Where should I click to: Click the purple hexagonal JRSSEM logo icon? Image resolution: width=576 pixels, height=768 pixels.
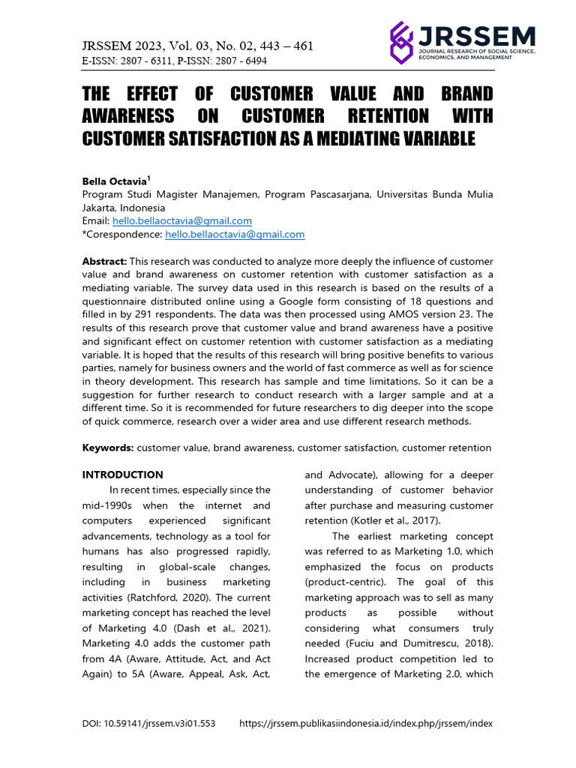point(402,43)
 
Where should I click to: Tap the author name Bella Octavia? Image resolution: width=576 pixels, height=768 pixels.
point(115,181)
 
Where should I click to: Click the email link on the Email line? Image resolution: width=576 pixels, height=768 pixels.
point(181,220)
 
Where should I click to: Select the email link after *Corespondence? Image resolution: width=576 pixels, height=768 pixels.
point(234,234)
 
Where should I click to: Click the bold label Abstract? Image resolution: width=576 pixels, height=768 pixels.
point(104,261)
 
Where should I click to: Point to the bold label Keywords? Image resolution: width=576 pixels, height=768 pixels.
point(107,448)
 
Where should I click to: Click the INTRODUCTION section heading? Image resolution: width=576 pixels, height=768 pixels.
point(122,475)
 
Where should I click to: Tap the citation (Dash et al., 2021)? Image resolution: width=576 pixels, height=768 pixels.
point(226,628)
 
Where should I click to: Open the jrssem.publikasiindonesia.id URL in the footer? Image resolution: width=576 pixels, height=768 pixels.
point(366,724)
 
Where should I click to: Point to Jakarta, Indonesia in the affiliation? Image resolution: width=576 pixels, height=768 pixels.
point(123,208)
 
